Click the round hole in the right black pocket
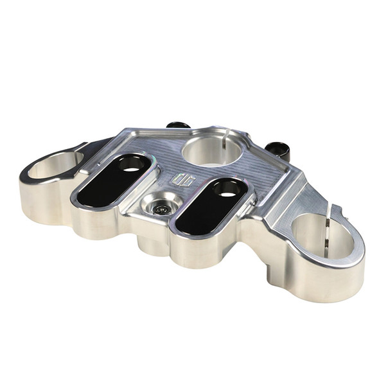coord(227,189)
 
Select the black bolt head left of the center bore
coord(178,125)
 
